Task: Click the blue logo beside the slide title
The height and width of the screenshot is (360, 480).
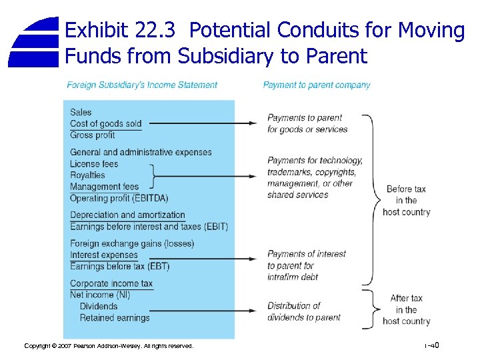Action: (x=34, y=42)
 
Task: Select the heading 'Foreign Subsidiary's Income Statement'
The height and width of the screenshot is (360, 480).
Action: (x=142, y=85)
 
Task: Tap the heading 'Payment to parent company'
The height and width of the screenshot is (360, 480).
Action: (x=317, y=85)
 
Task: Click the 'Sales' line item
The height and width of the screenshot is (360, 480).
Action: (x=81, y=112)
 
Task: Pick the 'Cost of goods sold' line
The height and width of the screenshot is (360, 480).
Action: (x=106, y=123)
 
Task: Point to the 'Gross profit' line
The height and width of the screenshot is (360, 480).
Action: (x=93, y=135)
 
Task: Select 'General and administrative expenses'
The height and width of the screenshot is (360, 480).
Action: (x=141, y=152)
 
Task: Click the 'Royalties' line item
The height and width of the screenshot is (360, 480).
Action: (x=87, y=175)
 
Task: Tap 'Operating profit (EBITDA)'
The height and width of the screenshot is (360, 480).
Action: (x=119, y=198)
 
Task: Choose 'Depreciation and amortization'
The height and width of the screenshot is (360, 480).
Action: (x=127, y=215)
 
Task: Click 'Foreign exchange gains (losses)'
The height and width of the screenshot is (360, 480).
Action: (x=132, y=243)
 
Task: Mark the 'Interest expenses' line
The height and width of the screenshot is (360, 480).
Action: (x=104, y=255)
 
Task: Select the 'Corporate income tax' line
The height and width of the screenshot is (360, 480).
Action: (x=111, y=283)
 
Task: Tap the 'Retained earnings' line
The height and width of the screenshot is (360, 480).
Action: (x=115, y=318)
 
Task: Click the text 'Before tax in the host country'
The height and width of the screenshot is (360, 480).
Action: (x=406, y=200)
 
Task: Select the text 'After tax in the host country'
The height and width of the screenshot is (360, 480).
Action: (x=406, y=310)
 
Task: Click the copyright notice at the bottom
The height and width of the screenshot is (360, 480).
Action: (x=109, y=346)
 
